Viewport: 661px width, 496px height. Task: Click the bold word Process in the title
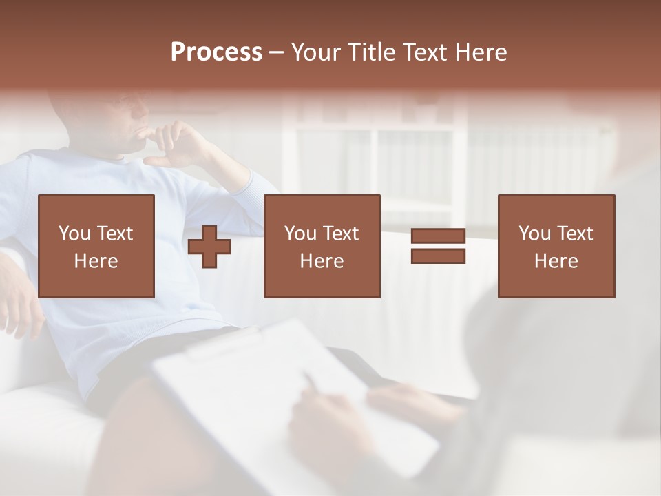click(216, 52)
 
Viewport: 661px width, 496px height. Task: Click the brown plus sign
click(209, 247)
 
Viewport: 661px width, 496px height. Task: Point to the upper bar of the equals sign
click(438, 236)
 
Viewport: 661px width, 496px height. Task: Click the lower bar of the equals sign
click(438, 256)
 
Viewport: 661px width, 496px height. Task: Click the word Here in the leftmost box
click(96, 261)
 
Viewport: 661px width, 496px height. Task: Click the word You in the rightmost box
click(535, 234)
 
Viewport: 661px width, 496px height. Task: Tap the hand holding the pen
click(324, 420)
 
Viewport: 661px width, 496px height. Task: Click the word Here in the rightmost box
click(556, 261)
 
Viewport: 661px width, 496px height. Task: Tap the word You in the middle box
click(301, 234)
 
